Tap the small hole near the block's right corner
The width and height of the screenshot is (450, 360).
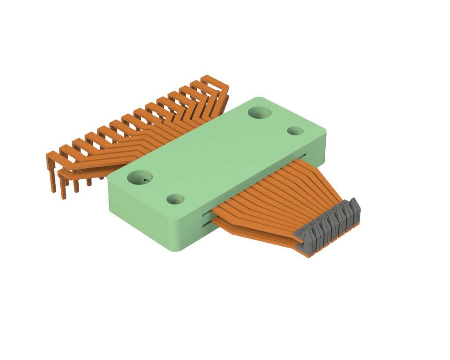(x=295, y=131)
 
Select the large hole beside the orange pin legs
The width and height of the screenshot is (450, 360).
(x=139, y=178)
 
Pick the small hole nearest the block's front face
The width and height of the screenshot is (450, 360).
(x=176, y=199)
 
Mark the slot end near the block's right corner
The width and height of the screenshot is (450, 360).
(x=304, y=155)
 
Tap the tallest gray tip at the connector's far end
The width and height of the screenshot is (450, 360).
(x=353, y=203)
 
